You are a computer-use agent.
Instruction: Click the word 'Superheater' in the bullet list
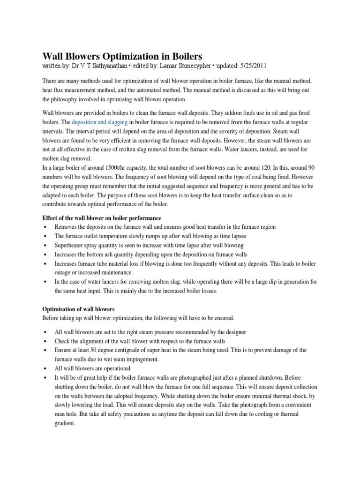click(71, 245)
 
